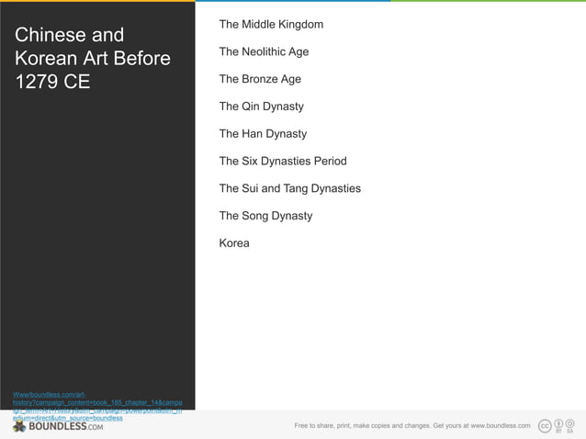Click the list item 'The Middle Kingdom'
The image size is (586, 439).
pyautogui.click(x=271, y=24)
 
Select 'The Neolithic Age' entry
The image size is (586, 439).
pyautogui.click(x=264, y=51)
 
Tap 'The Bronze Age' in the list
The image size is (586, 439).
pyautogui.click(x=260, y=79)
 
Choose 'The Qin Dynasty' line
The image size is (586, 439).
pyautogui.click(x=261, y=107)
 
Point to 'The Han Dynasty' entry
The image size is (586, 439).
pyautogui.click(x=263, y=134)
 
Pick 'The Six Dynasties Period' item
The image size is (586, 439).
pyautogui.click(x=283, y=162)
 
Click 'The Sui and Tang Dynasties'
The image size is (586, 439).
pyautogui.click(x=289, y=189)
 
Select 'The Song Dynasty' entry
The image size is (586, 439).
pyautogui.click(x=265, y=217)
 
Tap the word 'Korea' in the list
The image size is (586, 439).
pyautogui.click(x=234, y=243)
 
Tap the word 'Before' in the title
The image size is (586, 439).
pyautogui.click(x=138, y=60)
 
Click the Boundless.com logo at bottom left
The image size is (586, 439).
pyautogui.click(x=58, y=426)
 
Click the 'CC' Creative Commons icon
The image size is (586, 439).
pyautogui.click(x=545, y=425)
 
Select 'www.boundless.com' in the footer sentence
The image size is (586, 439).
pyautogui.click(x=500, y=426)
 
